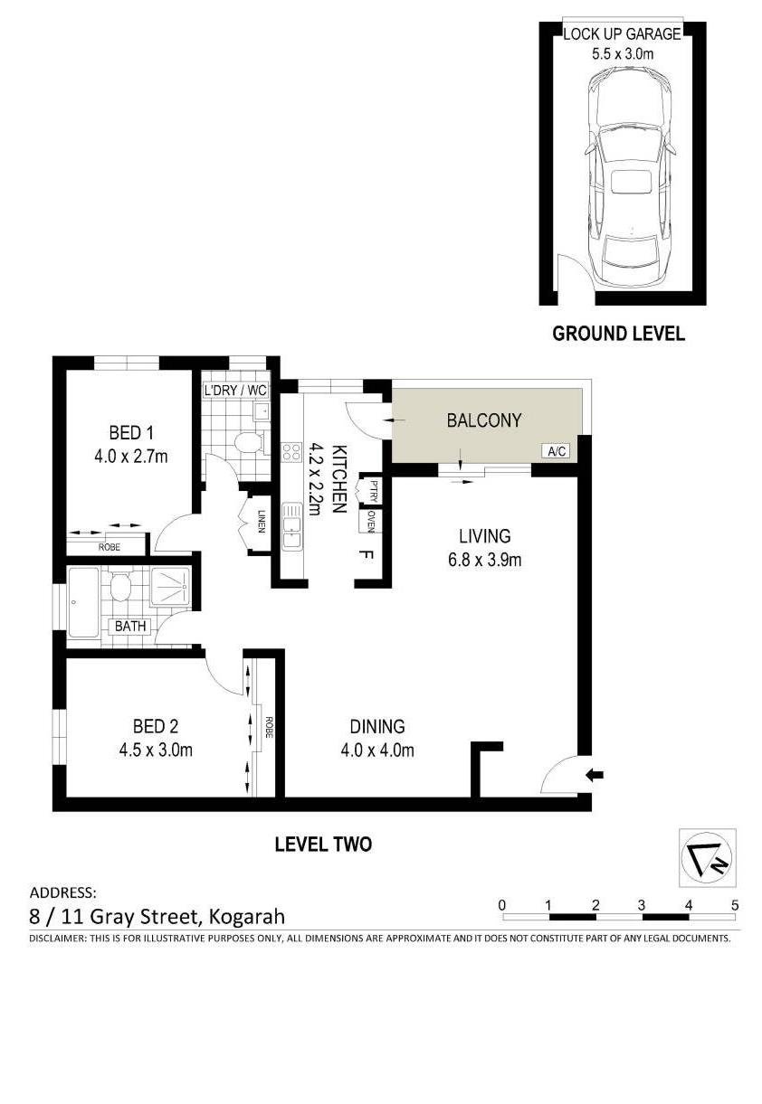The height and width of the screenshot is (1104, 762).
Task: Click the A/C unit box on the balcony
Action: tap(555, 450)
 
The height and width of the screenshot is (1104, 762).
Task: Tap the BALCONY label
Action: tap(484, 420)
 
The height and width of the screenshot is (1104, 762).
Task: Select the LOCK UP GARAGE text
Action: tap(621, 34)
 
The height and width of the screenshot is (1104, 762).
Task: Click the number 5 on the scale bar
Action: tap(735, 904)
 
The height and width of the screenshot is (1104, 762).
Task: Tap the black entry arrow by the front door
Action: tap(595, 774)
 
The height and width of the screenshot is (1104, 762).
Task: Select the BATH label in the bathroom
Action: tap(127, 625)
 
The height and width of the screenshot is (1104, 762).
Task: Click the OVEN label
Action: tap(371, 521)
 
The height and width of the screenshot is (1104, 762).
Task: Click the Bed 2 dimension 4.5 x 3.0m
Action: tap(155, 749)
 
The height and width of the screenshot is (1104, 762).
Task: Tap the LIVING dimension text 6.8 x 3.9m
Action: tap(483, 560)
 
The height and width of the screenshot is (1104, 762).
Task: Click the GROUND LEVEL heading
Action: tap(618, 334)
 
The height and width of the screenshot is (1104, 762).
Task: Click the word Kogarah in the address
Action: tap(247, 916)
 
